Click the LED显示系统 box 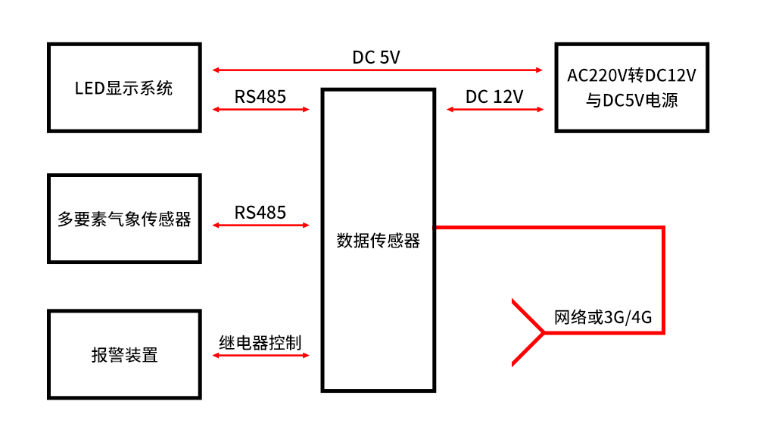click(x=124, y=87)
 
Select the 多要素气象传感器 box click(x=124, y=219)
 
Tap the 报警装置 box click(x=124, y=354)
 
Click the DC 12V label click(x=494, y=97)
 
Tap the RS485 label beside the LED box click(x=260, y=97)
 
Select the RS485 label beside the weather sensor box click(x=260, y=213)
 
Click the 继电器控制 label click(x=260, y=343)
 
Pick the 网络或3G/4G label click(x=603, y=317)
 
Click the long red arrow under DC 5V click(x=378, y=70)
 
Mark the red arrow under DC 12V click(x=495, y=110)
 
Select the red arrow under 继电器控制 click(x=261, y=355)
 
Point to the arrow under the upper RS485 click(x=261, y=110)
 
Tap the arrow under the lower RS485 click(x=261, y=225)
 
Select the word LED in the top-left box click(x=88, y=88)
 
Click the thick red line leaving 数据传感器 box click(x=575, y=226)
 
